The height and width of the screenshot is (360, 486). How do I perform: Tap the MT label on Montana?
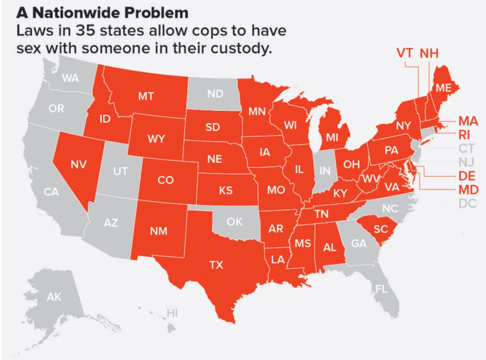[146, 96]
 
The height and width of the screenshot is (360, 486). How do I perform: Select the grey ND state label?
[215, 94]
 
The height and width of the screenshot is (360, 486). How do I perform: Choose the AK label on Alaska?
[53, 297]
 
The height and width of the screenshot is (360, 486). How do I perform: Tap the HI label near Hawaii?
[172, 313]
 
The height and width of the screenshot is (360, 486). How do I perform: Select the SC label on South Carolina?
[381, 229]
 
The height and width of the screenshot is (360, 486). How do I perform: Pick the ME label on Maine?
[443, 88]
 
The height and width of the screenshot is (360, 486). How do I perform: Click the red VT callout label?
[406, 53]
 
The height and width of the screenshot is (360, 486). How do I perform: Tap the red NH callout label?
[428, 53]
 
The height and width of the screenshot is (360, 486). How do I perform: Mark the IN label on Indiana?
[325, 171]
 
